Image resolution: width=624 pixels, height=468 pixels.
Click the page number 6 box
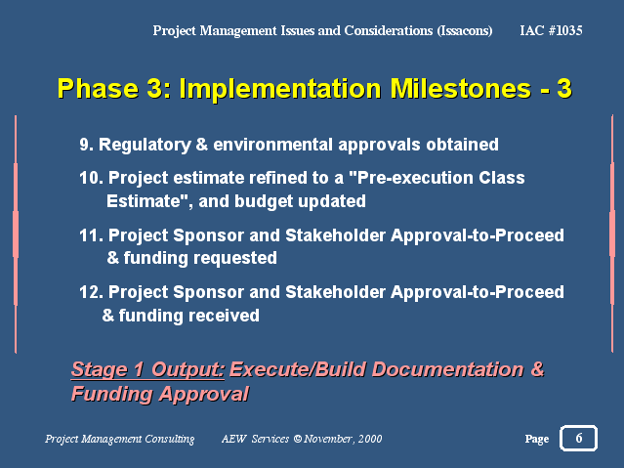point(578,438)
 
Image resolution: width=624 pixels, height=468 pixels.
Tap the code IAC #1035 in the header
point(551,30)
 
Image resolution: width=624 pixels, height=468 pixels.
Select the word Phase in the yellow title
point(98,88)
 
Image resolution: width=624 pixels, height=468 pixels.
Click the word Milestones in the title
point(461,88)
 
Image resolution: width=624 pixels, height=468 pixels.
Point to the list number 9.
point(86,145)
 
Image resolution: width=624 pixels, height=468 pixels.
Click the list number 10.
point(91,178)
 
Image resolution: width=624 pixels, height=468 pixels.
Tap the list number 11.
point(91,235)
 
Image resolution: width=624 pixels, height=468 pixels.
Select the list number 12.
point(91,292)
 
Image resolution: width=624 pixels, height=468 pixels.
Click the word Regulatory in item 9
point(145,146)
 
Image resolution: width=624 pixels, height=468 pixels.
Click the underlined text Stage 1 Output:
point(147,370)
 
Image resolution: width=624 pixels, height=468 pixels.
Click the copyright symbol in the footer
point(298,439)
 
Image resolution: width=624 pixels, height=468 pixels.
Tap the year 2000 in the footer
point(370,439)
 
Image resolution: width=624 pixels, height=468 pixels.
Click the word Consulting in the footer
point(170,439)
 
